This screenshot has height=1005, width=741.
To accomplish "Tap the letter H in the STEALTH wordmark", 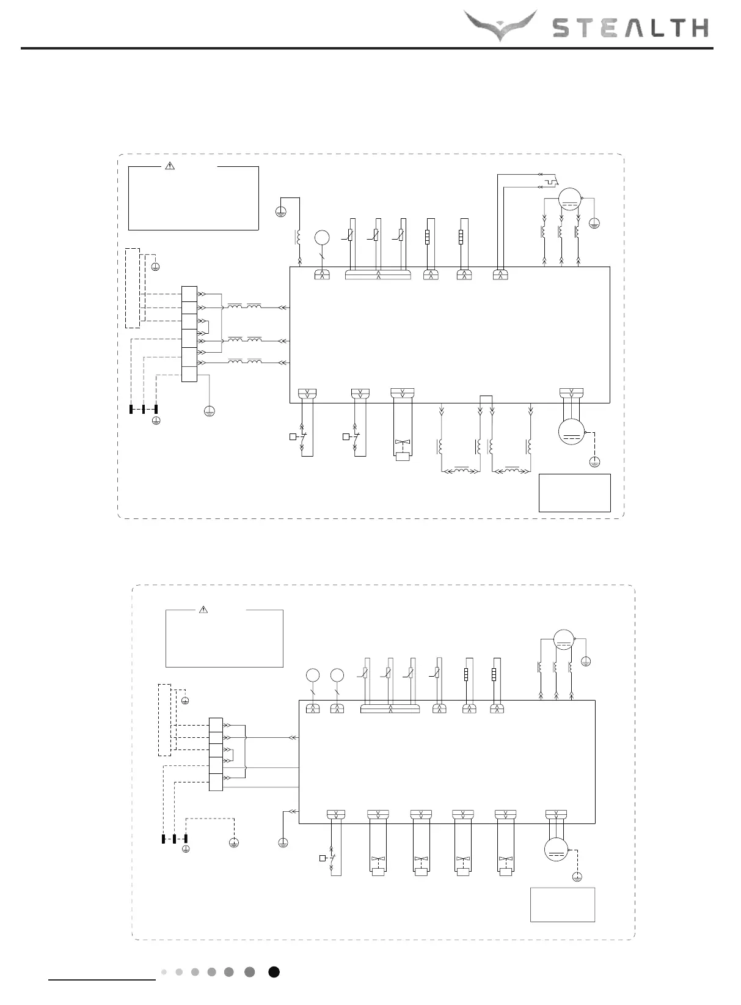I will [x=696, y=28].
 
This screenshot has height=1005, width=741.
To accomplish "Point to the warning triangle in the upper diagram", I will [x=170, y=165].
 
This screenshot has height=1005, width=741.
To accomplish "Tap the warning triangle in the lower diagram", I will [x=204, y=609].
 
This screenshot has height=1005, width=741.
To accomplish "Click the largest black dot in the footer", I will [x=274, y=972].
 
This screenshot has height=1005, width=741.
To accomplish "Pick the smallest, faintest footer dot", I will [x=164, y=972].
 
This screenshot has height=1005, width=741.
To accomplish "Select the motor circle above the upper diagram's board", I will [x=569, y=199].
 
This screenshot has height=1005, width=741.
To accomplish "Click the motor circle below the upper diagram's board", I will [x=572, y=432].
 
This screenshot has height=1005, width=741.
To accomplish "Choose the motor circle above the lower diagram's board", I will [x=564, y=639].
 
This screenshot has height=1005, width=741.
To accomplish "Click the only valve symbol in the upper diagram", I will [x=402, y=443].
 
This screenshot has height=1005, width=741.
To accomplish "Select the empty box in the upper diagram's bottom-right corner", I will [x=574, y=493].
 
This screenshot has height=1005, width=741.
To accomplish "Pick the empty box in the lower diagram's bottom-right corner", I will [x=562, y=904].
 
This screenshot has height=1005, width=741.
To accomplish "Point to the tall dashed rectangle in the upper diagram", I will [x=132, y=288].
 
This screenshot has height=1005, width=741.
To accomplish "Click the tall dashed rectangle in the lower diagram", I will [x=164, y=720].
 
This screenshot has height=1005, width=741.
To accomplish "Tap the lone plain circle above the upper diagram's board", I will [x=322, y=238].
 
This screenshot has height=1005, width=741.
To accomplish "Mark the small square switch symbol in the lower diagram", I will [x=323, y=859].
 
